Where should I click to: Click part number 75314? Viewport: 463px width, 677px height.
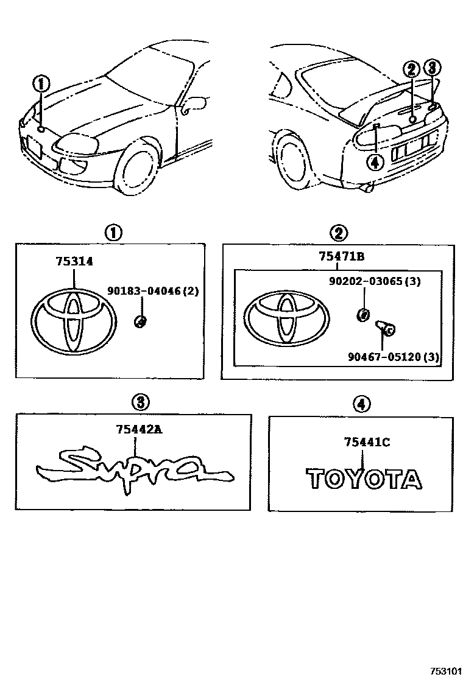[74, 261]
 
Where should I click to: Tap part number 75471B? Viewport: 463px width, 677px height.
[341, 256]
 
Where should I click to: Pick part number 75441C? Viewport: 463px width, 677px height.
[366, 443]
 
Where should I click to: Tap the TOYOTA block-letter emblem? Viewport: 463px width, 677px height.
[364, 479]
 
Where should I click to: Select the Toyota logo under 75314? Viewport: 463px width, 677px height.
[74, 322]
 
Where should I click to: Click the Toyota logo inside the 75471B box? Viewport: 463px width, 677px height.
[286, 322]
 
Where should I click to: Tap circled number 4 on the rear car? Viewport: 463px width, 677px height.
[375, 161]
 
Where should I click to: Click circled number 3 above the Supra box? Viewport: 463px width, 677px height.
[140, 402]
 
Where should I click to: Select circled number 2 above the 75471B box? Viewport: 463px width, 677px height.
[339, 232]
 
